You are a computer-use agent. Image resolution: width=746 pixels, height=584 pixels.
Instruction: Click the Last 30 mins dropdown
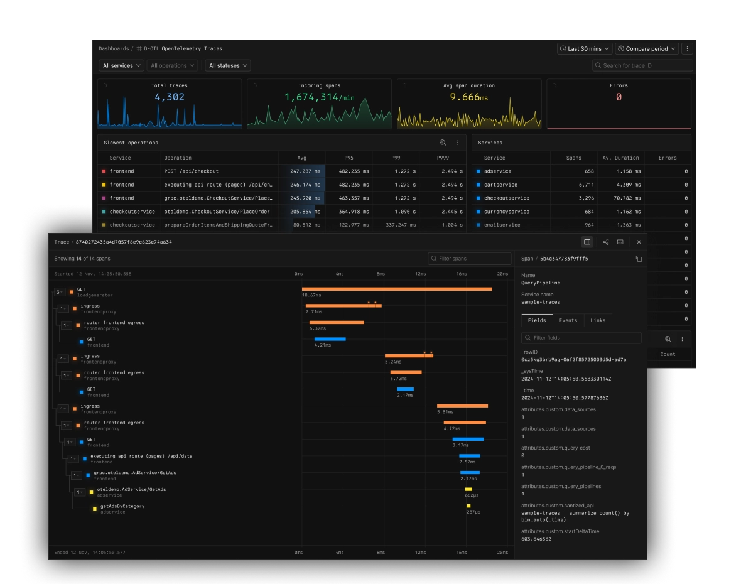pyautogui.click(x=584, y=48)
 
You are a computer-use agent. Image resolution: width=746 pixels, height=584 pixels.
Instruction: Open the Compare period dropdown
pyautogui.click(x=646, y=48)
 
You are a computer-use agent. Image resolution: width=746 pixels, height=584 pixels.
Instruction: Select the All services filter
pyautogui.click(x=121, y=65)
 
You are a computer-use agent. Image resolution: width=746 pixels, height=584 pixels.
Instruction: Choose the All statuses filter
pyautogui.click(x=227, y=65)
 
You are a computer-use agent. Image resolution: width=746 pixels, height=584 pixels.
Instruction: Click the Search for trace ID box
pyautogui.click(x=642, y=65)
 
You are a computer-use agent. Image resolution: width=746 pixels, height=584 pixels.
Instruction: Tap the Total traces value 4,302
pyautogui.click(x=170, y=97)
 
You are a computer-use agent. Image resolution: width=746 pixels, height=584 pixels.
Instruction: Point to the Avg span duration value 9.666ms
pyautogui.click(x=468, y=97)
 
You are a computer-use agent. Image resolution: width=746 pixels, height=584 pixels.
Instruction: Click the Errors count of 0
pyautogui.click(x=619, y=97)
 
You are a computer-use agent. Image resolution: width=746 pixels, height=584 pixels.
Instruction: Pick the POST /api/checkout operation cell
pyautogui.click(x=191, y=171)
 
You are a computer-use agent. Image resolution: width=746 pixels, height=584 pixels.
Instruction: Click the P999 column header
pyautogui.click(x=443, y=158)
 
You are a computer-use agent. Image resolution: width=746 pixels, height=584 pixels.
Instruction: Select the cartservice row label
pyautogui.click(x=500, y=185)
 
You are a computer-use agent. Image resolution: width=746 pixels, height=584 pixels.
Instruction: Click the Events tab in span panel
pyautogui.click(x=568, y=320)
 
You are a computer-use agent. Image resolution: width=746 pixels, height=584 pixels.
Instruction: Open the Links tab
pyautogui.click(x=598, y=320)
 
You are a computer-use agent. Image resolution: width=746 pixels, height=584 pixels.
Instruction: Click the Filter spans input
pyautogui.click(x=470, y=259)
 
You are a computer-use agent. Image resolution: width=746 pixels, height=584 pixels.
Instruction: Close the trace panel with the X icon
pyautogui.click(x=639, y=242)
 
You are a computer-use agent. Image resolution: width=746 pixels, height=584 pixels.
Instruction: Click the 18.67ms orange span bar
pyautogui.click(x=397, y=289)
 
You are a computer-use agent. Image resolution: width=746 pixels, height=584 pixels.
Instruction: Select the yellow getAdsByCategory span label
pyautogui.click(x=122, y=506)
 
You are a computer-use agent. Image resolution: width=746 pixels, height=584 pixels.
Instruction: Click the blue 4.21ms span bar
pyautogui.click(x=330, y=339)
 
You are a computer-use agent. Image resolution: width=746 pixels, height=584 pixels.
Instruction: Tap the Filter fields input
pyautogui.click(x=581, y=338)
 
